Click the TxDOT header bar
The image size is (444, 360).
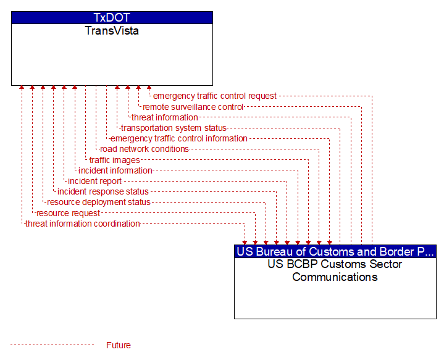point(112,17)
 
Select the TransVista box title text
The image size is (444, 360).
point(112,31)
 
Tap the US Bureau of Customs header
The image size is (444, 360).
point(335,251)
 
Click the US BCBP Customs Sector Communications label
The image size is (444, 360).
point(335,270)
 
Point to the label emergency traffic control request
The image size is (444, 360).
point(215,96)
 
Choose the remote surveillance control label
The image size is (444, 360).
point(193,107)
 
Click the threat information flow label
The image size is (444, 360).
point(164,117)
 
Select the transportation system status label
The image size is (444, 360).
point(174,128)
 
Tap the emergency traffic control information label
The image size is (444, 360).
point(178,138)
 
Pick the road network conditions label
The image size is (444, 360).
point(144,149)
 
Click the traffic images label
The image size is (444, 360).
point(115,160)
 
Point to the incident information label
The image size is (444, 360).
point(115,170)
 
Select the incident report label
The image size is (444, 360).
point(94,181)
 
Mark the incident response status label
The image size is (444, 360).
point(103,192)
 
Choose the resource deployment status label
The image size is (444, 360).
point(99,203)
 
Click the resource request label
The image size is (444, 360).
point(68,213)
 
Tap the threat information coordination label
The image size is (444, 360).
point(83,224)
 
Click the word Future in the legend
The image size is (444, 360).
point(119,345)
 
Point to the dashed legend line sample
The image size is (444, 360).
point(52,345)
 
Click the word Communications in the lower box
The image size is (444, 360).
point(335,277)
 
